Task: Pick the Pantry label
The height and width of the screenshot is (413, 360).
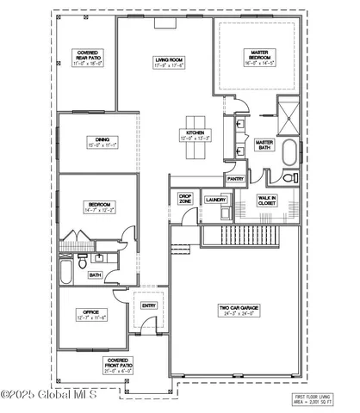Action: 236,179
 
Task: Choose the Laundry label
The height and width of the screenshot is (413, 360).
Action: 215,200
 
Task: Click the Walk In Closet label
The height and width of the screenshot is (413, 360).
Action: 268,200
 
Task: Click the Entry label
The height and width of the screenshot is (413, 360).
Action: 149,305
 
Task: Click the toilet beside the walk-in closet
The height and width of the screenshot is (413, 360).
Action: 286,178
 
